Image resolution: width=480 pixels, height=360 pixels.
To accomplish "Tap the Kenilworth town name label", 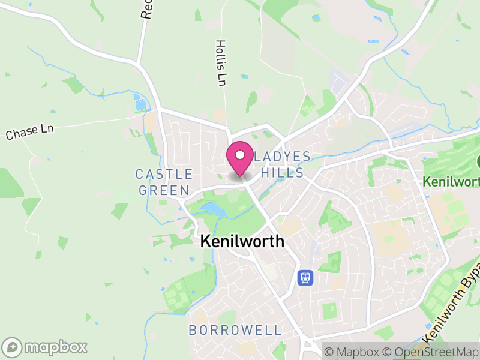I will click(x=241, y=241).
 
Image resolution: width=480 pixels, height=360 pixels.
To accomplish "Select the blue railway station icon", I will click(x=305, y=277).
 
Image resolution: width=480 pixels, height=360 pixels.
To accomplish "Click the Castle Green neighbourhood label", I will click(x=164, y=182).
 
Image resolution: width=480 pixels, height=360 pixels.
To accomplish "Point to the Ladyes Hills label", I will click(x=281, y=164).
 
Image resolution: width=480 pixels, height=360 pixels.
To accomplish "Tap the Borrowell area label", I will click(x=235, y=330).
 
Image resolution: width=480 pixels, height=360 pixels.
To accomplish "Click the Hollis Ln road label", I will click(x=221, y=62).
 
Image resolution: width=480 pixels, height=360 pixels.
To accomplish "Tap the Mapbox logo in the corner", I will click(x=46, y=347).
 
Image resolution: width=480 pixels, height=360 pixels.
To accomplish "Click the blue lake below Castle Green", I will click(x=213, y=209).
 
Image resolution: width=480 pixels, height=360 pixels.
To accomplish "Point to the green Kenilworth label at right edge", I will click(x=451, y=180).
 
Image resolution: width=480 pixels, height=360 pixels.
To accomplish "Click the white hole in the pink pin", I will click(x=240, y=155).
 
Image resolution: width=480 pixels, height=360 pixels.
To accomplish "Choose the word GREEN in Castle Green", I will click(x=164, y=190).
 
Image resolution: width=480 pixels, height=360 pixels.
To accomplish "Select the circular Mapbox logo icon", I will click(x=13, y=347).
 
